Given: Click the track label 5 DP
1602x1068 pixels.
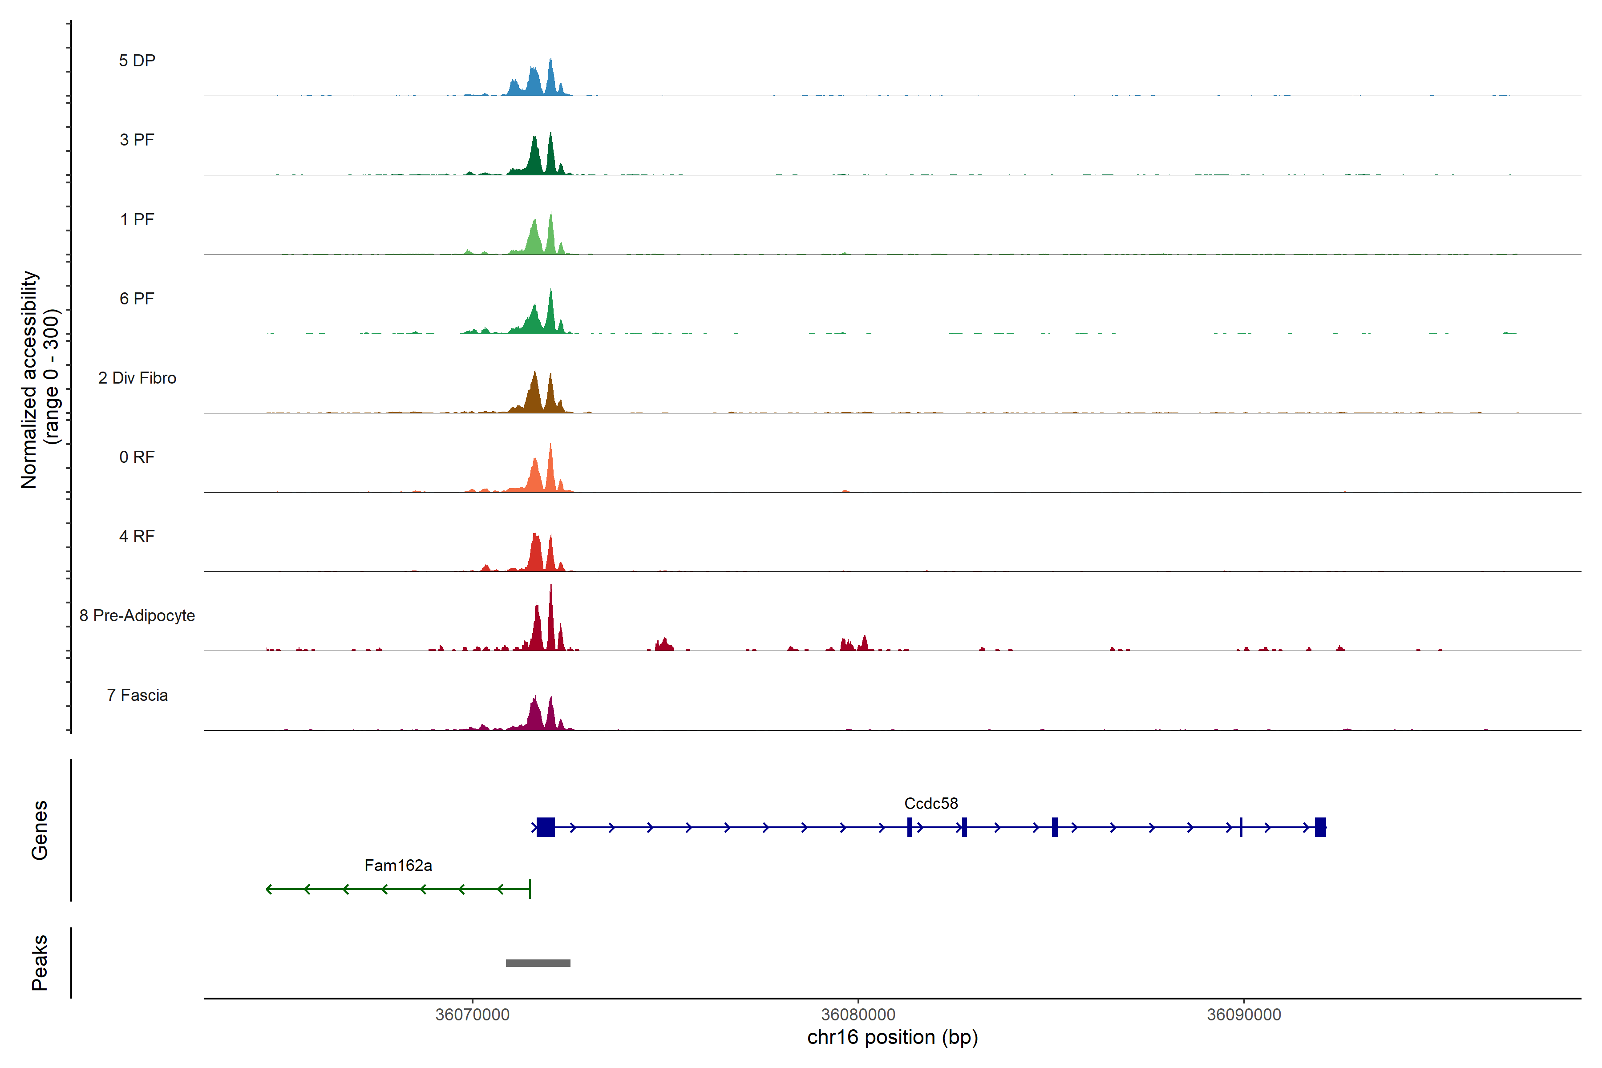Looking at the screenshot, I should click(137, 61).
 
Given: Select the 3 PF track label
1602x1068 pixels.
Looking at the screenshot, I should click(137, 140).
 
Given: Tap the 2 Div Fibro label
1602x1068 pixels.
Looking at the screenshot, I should click(137, 378).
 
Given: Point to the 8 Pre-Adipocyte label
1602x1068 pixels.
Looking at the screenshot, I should click(137, 616).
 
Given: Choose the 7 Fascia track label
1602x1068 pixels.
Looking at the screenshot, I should click(137, 696).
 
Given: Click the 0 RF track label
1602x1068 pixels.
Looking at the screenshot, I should click(137, 457).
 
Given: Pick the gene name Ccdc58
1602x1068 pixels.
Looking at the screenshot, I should click(930, 804).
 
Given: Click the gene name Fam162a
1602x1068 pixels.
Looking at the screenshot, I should click(398, 866).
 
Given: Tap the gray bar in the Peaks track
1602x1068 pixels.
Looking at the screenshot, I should click(538, 963).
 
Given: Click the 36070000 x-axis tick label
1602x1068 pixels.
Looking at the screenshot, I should click(472, 1015).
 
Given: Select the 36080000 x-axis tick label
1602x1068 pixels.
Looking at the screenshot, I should click(858, 1015).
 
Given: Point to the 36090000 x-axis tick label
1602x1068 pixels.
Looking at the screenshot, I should click(1244, 1015).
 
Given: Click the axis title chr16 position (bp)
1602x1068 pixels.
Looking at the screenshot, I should click(892, 1037).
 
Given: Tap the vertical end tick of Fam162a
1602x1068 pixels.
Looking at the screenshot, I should click(530, 889).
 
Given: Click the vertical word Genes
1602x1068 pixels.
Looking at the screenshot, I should click(40, 830).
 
